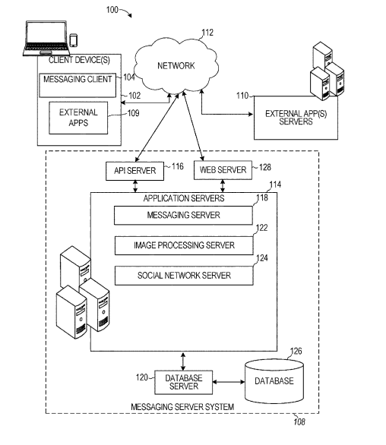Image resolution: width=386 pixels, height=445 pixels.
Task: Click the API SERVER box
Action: click(x=134, y=171)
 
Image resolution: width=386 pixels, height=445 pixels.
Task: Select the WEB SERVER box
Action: click(x=223, y=170)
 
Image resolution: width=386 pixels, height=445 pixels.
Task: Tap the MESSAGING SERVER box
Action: click(x=183, y=216)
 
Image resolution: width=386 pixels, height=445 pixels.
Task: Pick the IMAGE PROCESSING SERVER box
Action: click(x=184, y=245)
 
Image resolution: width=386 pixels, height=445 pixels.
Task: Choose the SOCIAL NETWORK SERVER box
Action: click(x=184, y=276)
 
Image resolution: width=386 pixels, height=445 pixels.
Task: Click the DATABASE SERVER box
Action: click(x=183, y=382)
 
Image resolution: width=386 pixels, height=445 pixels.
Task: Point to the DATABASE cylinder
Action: click(x=274, y=381)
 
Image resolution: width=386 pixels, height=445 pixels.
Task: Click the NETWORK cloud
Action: click(x=176, y=66)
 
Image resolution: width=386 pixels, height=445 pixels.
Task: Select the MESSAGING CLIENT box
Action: click(x=78, y=85)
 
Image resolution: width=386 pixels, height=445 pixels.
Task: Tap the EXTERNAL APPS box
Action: click(x=78, y=118)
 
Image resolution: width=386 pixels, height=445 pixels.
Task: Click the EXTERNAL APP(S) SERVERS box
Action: click(x=296, y=118)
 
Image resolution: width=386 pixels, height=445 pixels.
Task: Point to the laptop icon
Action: click(x=46, y=38)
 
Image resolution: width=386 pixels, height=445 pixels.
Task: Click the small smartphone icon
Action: click(x=74, y=40)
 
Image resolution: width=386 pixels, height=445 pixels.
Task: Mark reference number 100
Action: click(x=112, y=10)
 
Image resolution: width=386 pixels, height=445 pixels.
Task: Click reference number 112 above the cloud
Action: click(x=207, y=33)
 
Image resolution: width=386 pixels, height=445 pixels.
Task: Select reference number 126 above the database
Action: click(x=296, y=352)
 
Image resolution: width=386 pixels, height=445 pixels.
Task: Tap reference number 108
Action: click(x=299, y=422)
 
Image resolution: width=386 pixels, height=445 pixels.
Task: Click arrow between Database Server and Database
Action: click(x=229, y=382)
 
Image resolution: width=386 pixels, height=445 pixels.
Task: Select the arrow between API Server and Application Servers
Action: click(x=135, y=187)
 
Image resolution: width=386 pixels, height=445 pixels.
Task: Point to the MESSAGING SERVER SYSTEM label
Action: click(x=182, y=407)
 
